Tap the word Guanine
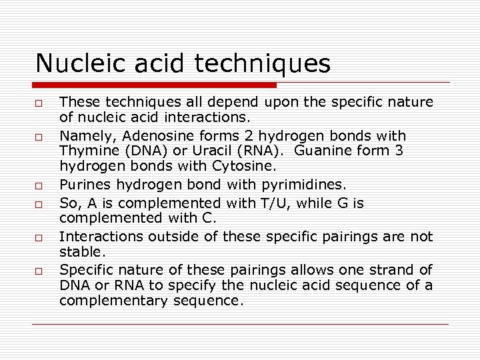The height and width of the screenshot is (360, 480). pos(322,151)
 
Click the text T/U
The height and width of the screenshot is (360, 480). pos(263,202)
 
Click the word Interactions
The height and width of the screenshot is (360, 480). pos(98,237)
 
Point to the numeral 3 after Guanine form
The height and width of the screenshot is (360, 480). pos(399,151)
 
